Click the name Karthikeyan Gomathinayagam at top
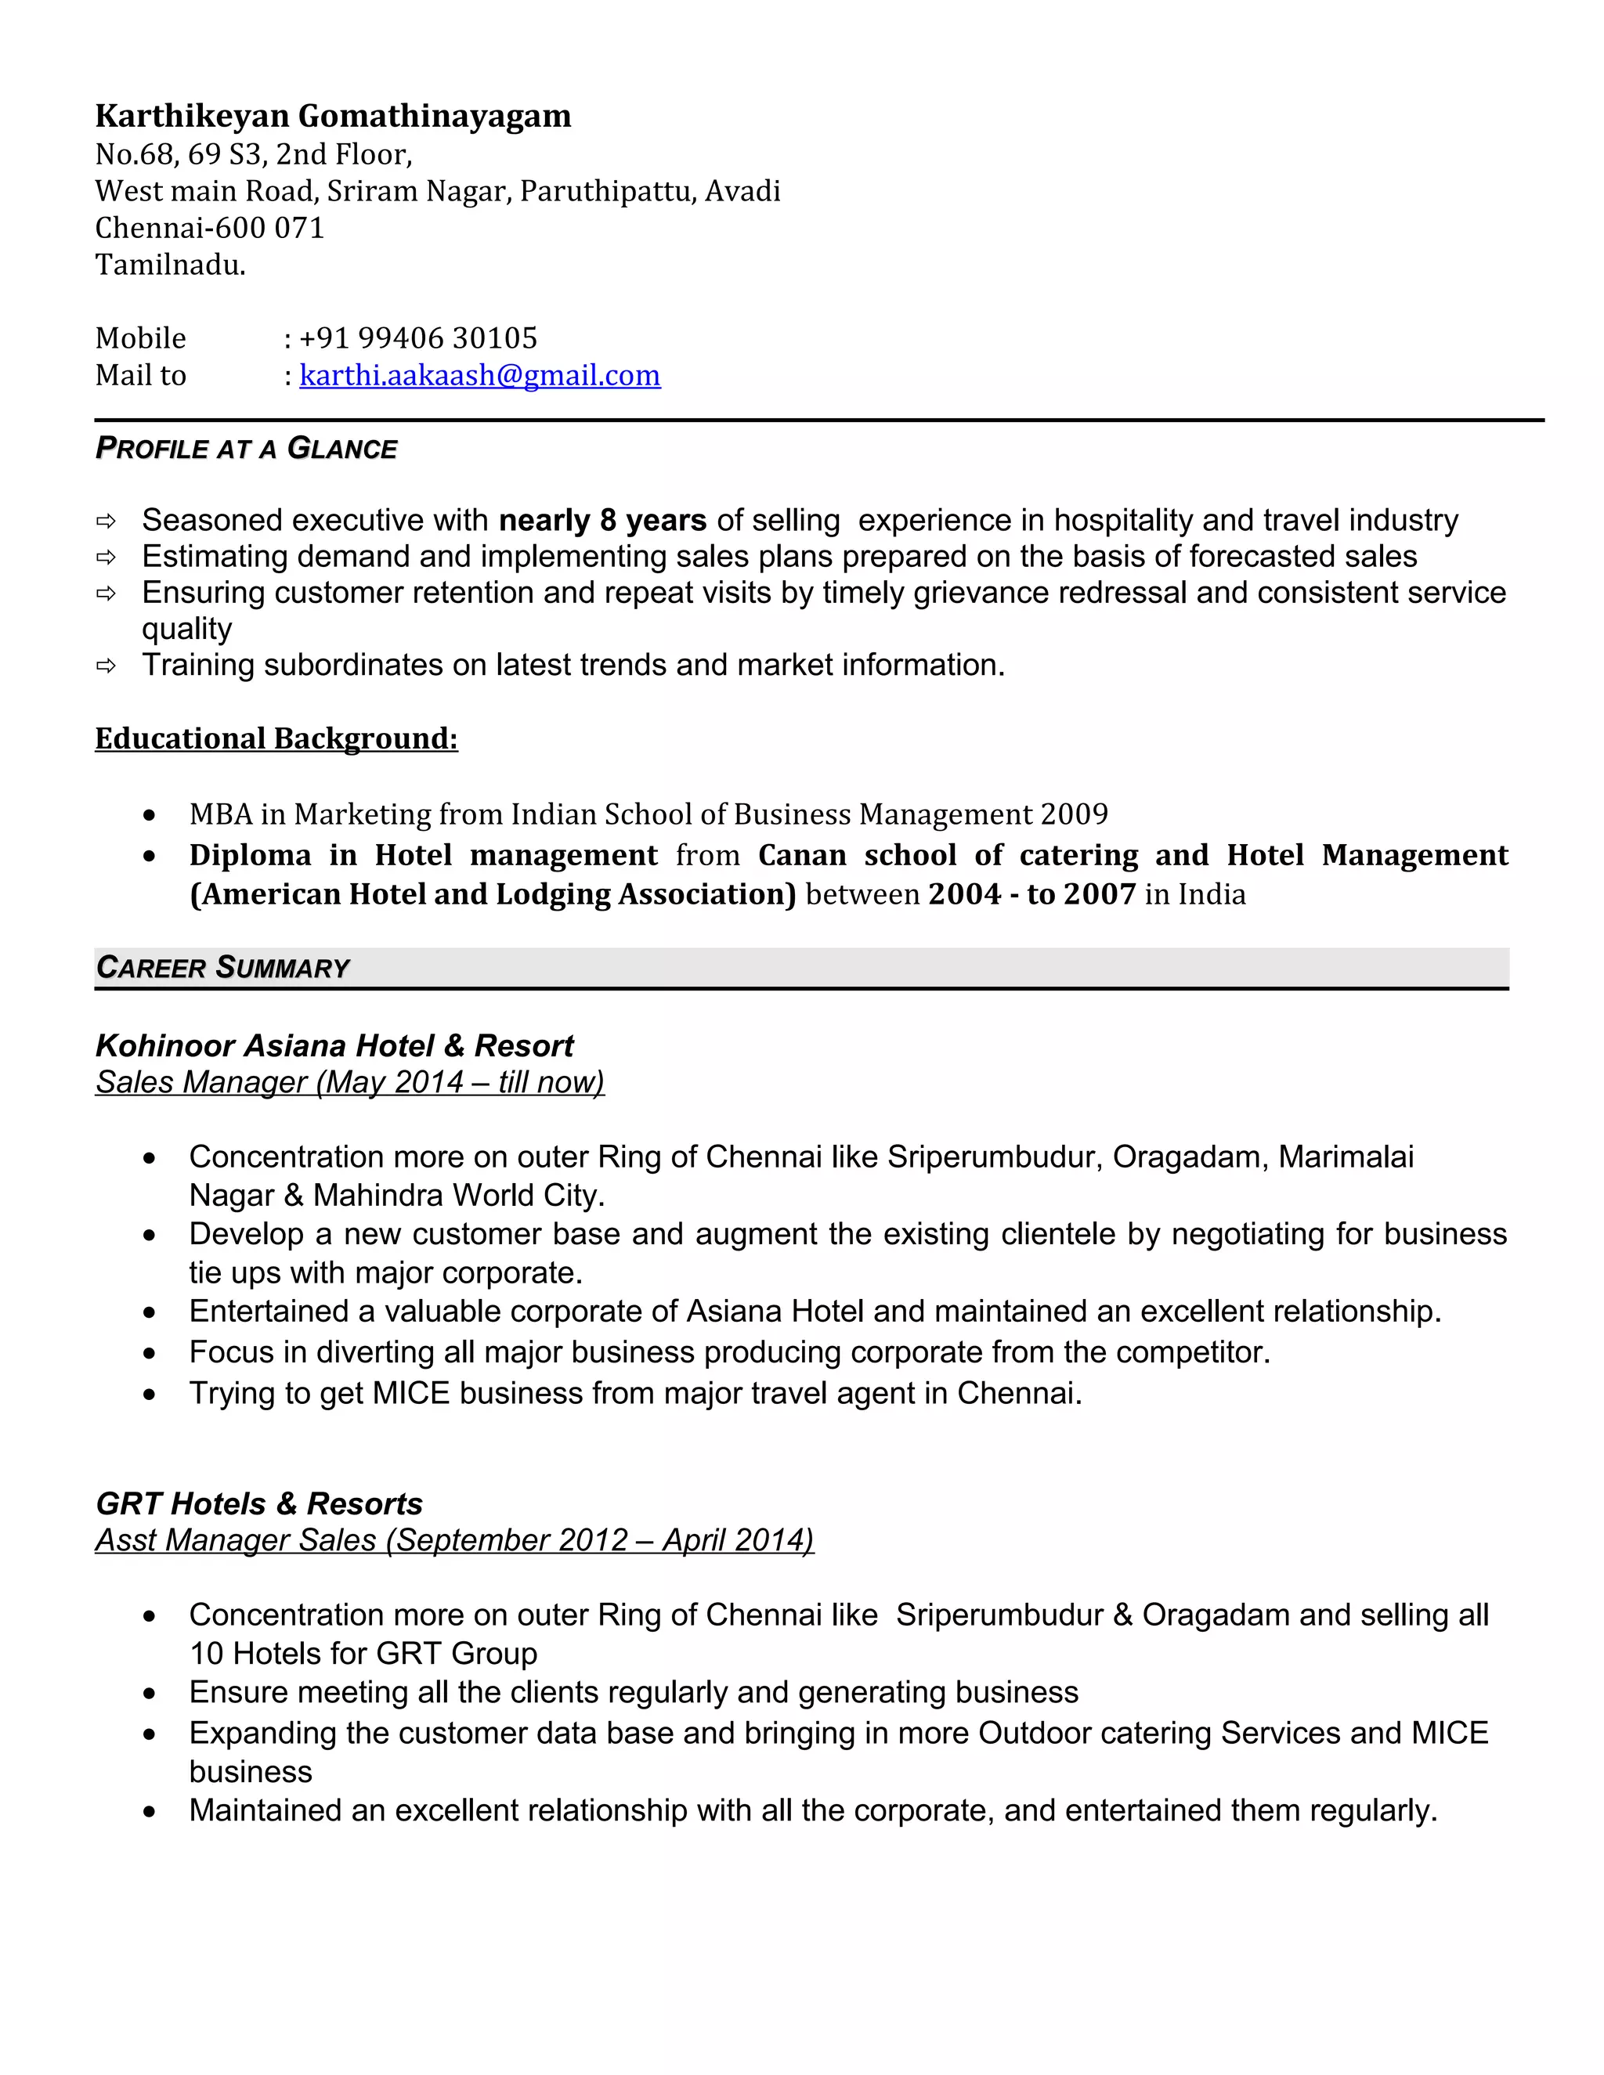333,116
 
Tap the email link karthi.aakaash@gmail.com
480,375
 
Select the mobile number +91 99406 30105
418,338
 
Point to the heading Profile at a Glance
246,449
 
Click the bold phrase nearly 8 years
602,521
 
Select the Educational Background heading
276,738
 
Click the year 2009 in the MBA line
1074,814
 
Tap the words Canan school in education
856,855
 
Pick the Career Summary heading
222,968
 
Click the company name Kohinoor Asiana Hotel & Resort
334,1046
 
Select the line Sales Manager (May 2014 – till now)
349,1082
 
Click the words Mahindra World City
458,1195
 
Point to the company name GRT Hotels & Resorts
258,1504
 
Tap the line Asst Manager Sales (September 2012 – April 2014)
454,1540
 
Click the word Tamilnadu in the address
170,265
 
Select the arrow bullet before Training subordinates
106,666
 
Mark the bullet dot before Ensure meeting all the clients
149,1694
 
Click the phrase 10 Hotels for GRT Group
363,1654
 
